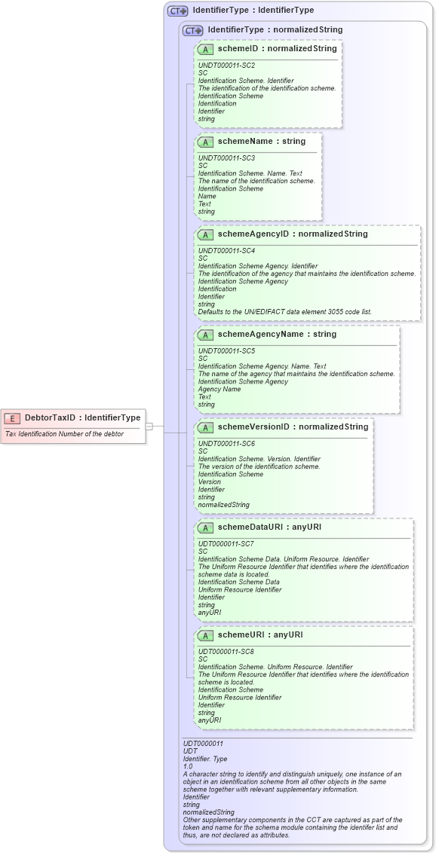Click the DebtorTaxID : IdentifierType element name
tap(82, 417)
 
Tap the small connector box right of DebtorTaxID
tap(149, 426)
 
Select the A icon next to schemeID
tap(205, 49)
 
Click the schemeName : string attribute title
tap(261, 141)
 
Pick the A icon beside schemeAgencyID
tap(205, 234)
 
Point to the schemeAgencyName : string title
tap(277, 334)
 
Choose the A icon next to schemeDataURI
tap(205, 527)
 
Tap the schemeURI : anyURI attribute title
tap(260, 634)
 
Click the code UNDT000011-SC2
tap(226, 66)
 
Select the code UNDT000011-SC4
tap(226, 250)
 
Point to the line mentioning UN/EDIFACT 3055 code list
tap(284, 311)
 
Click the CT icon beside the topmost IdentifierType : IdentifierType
tap(178, 11)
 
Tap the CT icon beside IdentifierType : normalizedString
tap(194, 30)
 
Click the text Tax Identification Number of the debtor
tap(64, 434)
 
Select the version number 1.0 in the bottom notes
tap(188, 766)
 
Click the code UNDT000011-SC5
tap(226, 350)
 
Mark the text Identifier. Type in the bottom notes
tap(204, 758)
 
